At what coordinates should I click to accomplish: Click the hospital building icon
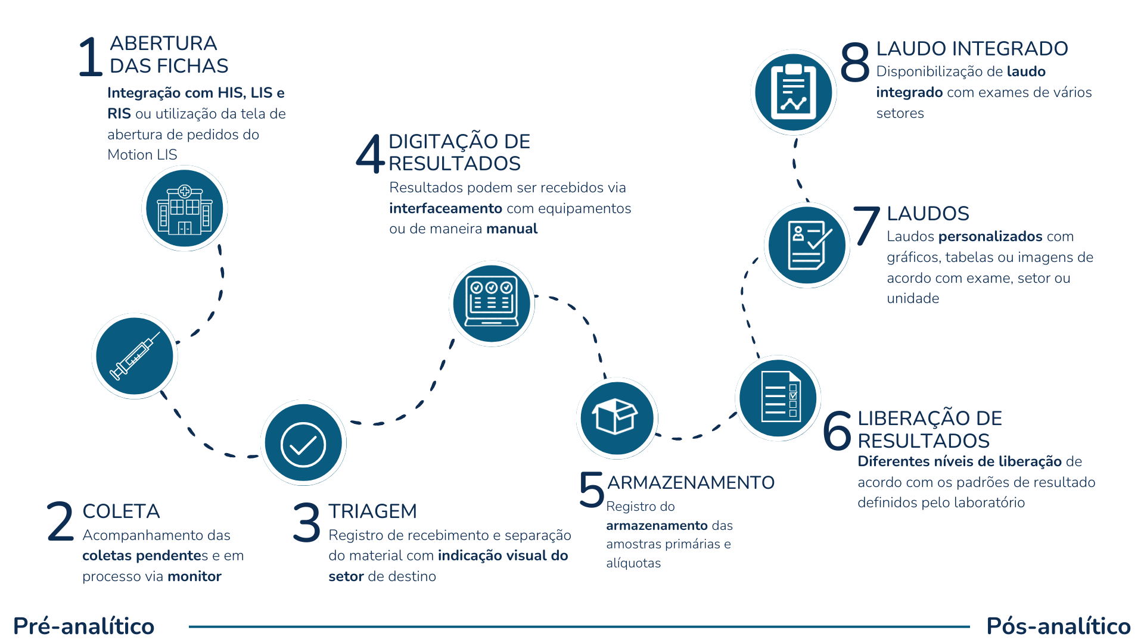185,209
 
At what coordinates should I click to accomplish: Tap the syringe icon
135,356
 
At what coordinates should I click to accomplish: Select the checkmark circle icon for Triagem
303,444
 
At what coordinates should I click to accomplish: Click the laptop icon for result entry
492,304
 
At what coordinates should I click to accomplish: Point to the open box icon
617,418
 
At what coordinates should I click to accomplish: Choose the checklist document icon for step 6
778,398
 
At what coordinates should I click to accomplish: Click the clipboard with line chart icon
793,92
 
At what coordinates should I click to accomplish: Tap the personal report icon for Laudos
807,245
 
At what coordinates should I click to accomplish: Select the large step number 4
370,153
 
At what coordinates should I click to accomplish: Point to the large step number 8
854,62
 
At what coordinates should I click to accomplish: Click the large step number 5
592,491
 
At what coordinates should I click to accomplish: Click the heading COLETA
121,511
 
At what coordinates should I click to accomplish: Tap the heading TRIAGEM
372,511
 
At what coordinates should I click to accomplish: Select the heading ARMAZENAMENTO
691,482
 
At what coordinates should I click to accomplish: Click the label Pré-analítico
83,626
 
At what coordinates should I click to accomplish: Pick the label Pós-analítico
1058,626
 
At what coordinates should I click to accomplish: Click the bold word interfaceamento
445,208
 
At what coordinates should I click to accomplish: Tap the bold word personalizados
990,236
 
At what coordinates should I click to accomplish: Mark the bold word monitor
194,576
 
